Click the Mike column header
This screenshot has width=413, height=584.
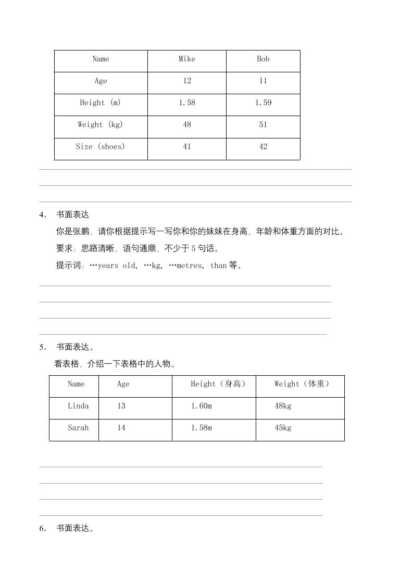coord(187,59)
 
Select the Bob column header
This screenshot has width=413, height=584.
coord(263,59)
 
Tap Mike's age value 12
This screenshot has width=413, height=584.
coord(187,81)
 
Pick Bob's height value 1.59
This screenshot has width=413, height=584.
coord(263,103)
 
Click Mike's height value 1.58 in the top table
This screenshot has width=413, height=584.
coord(187,103)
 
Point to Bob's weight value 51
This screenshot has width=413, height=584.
coord(263,125)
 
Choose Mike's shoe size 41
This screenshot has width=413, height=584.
coord(187,147)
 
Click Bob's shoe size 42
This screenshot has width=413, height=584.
coord(263,147)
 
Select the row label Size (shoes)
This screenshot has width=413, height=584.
coord(101,147)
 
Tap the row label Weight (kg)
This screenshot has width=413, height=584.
coord(101,125)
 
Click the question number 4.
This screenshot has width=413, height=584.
coord(42,215)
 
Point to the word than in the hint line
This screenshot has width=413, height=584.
coord(218,265)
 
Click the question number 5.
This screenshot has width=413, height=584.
coord(42,348)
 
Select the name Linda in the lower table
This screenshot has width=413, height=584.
coord(78,406)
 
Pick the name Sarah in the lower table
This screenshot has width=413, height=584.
coord(78,428)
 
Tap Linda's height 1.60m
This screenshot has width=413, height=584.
coord(201,406)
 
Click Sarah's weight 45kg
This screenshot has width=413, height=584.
coord(283,428)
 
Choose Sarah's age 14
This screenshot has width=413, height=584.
coord(121,428)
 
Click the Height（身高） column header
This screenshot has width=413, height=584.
coord(218,384)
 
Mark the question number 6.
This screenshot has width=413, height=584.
coord(42,529)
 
